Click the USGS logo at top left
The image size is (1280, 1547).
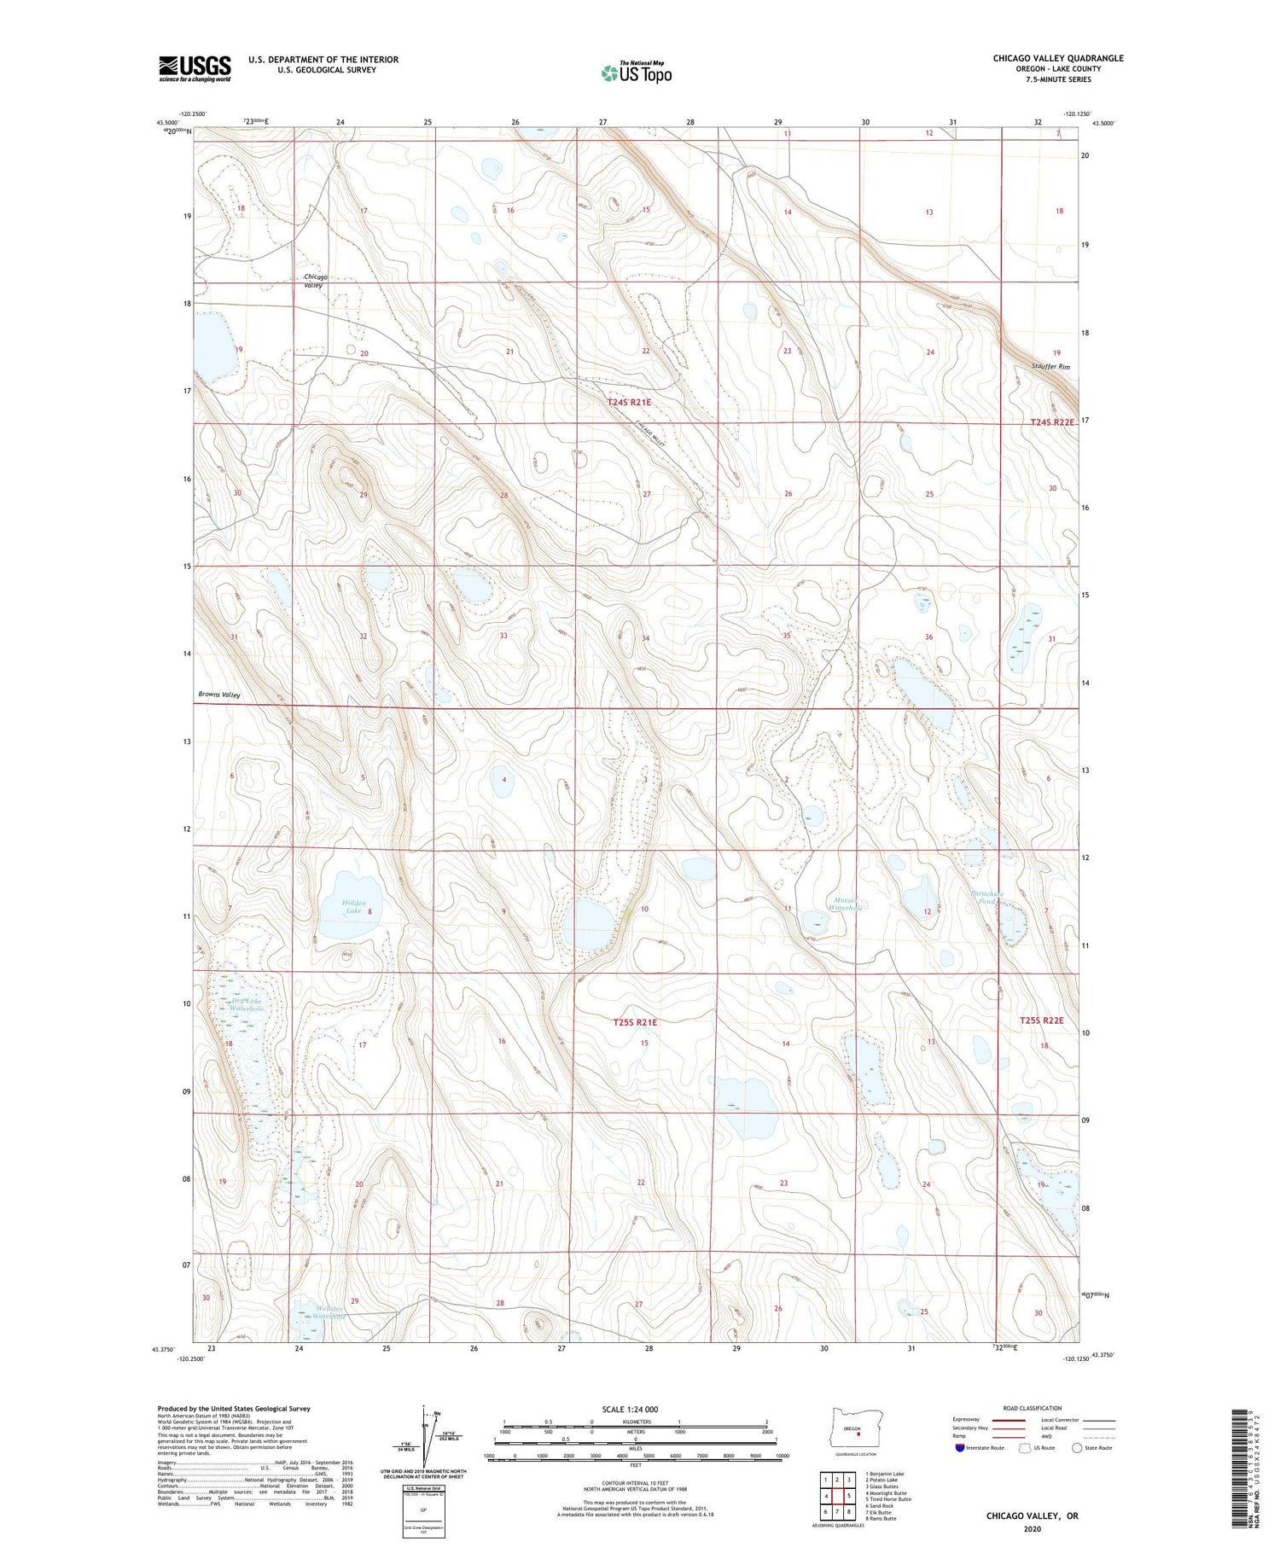coord(195,68)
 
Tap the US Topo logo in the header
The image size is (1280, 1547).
coord(636,73)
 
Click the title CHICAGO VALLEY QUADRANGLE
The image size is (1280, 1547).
coord(1057,58)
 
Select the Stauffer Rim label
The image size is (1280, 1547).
coord(1049,367)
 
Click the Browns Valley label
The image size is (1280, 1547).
coord(219,695)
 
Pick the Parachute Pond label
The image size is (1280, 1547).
coord(987,898)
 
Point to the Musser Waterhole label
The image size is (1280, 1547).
coord(848,904)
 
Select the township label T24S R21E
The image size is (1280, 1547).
coord(629,402)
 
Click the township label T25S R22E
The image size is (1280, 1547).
coord(1042,1021)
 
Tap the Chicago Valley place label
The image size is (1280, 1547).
coord(315,281)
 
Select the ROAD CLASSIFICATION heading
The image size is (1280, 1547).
coord(1032,1408)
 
